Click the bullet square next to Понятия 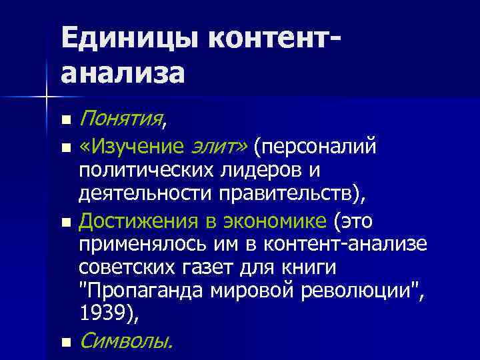pos(65,121)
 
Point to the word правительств pos(281,194)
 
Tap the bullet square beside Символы pos(65,343)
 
